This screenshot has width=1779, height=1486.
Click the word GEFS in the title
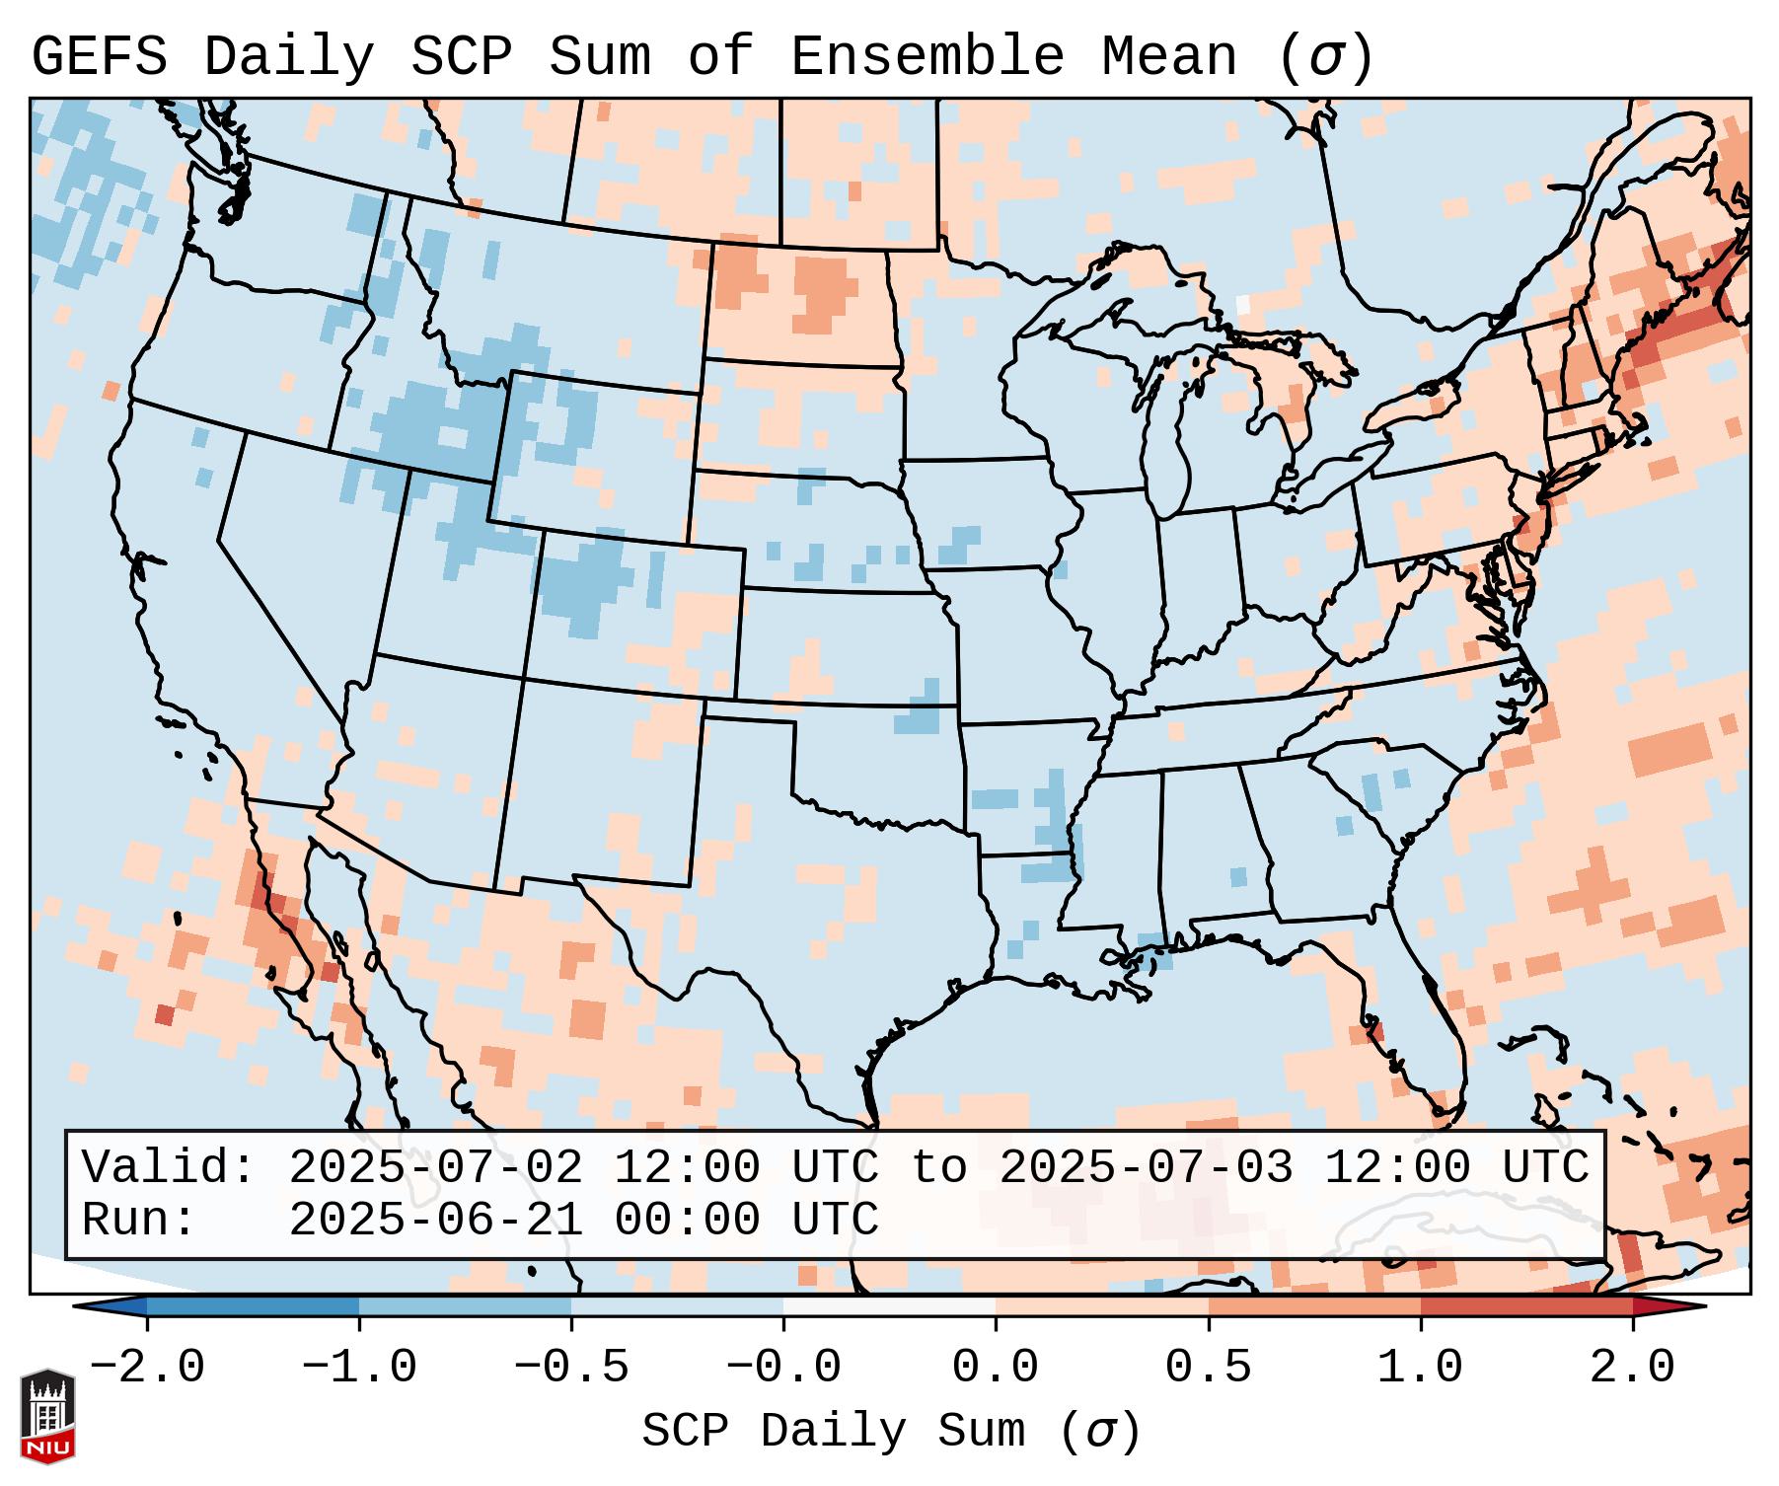coord(99,57)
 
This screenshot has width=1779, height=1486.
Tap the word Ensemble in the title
coord(927,57)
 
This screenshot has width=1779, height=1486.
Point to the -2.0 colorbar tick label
coord(147,1368)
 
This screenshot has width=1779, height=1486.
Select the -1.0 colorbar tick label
coord(359,1368)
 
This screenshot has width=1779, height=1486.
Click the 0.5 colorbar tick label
coord(1208,1368)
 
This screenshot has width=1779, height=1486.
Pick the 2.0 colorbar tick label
coord(1632,1368)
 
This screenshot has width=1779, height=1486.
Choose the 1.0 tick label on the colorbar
coord(1420,1368)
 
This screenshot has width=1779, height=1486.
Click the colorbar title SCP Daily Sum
coord(834,1431)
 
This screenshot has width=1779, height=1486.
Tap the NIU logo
coord(47,1416)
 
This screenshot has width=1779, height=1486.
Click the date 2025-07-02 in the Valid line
coord(435,1168)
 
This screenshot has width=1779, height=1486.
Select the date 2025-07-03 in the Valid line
coord(1146,1168)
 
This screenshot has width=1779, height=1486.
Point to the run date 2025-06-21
coord(435,1220)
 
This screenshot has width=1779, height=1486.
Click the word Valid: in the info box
coord(169,1168)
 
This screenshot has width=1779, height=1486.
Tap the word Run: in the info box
coord(139,1220)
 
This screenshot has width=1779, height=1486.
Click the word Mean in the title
coord(1168,57)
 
